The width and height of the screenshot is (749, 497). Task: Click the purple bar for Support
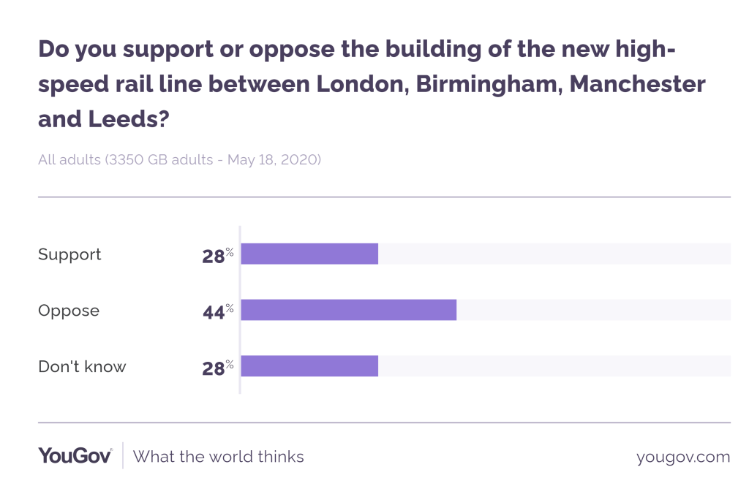click(x=309, y=254)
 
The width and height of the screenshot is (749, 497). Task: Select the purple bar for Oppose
click(x=348, y=310)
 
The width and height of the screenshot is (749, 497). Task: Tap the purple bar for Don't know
click(x=309, y=366)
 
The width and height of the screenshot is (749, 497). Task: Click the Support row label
click(x=69, y=254)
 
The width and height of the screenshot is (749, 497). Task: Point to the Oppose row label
click(x=69, y=311)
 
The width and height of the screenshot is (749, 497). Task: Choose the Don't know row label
click(x=82, y=366)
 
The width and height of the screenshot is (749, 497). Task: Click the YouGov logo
click(x=75, y=456)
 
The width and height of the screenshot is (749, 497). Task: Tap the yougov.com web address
click(x=683, y=457)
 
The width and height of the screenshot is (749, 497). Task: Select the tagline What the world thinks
click(x=219, y=457)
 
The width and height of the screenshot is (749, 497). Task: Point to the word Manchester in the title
click(x=638, y=84)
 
